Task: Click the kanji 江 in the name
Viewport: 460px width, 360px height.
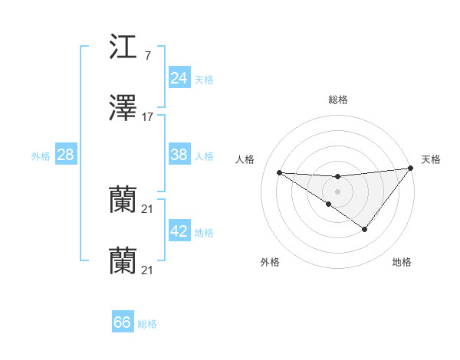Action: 123,47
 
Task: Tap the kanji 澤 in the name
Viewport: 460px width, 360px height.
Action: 123,110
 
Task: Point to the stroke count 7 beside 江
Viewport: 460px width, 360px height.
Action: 147,56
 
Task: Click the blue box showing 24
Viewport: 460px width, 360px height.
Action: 179,78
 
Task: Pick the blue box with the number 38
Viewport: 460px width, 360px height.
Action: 179,155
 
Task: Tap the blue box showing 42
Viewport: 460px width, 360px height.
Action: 179,231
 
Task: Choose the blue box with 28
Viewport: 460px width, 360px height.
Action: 66,155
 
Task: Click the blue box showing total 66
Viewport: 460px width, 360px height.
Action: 122,322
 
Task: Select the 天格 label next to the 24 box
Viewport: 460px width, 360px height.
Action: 204,79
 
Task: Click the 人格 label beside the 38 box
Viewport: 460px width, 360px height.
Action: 204,155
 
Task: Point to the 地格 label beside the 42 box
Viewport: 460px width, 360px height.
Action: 204,232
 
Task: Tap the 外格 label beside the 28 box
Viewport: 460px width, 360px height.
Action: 41,155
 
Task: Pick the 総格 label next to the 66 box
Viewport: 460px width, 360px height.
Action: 147,323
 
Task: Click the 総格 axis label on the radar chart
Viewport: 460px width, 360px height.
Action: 337,100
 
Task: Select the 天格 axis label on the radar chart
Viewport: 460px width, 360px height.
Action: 431,159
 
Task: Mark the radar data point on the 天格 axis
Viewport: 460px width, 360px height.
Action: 411,168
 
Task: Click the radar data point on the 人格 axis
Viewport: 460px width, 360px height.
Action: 279,172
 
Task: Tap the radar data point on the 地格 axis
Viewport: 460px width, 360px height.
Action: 365,229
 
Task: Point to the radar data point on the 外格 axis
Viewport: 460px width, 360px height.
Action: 328,204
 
